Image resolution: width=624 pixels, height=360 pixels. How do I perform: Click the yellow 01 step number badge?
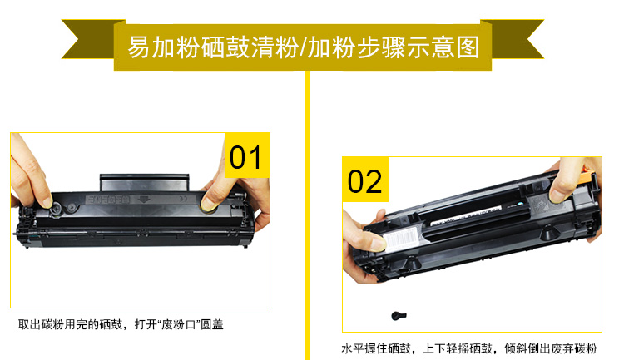point(247,155)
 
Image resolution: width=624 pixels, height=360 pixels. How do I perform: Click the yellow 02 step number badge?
point(365,180)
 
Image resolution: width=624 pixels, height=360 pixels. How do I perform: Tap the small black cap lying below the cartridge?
point(399,316)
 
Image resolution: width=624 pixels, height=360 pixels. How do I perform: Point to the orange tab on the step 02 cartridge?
point(587,176)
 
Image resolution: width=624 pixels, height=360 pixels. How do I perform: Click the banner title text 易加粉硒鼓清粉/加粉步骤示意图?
point(303,47)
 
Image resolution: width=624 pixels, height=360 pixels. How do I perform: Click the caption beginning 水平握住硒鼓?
point(468,349)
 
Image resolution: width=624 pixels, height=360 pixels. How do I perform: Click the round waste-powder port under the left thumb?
point(56,209)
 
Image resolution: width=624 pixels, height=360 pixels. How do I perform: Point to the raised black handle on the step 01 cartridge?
point(144,182)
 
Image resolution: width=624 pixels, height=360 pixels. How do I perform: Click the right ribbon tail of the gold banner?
point(513,39)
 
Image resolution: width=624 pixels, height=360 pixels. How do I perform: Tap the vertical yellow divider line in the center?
point(308,215)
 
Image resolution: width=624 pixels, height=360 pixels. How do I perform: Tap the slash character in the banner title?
point(303,47)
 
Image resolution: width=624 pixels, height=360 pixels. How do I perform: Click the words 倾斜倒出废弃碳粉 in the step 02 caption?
point(551,349)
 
